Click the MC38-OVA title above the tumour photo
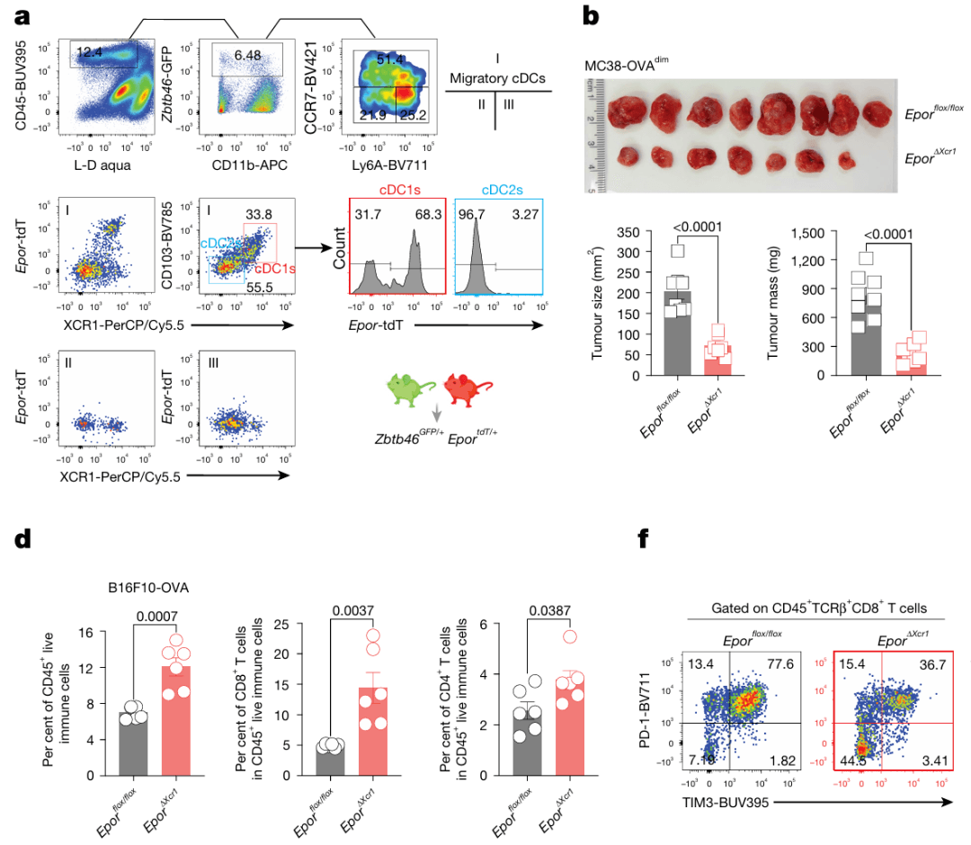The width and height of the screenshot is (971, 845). click(638, 60)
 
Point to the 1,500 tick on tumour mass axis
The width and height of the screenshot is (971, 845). click(807, 233)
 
